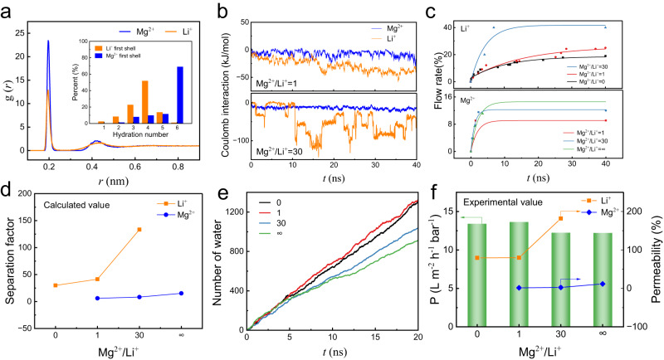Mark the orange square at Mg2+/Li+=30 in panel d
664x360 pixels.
(139, 229)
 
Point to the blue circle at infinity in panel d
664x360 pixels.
(181, 293)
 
